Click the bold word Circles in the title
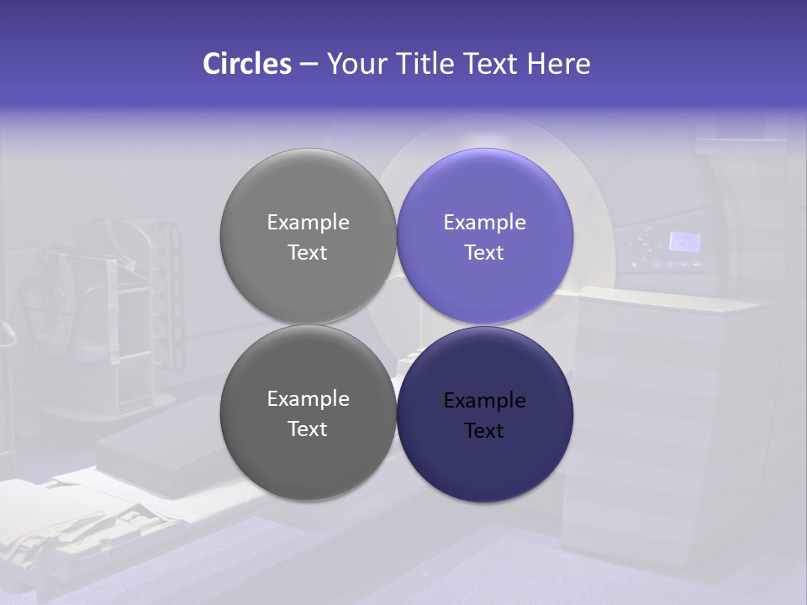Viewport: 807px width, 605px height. click(247, 64)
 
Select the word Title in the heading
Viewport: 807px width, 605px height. click(428, 64)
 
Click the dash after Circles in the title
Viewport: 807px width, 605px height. click(309, 65)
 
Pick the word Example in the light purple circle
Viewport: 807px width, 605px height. click(484, 223)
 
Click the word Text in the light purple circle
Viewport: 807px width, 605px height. click(484, 252)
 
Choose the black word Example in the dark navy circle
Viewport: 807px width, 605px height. click(484, 401)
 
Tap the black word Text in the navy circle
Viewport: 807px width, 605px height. click(484, 430)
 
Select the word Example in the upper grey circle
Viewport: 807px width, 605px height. click(308, 223)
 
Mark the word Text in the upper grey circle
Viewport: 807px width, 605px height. click(308, 252)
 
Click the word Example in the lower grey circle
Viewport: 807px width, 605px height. click(308, 399)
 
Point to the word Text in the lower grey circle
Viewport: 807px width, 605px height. click(308, 429)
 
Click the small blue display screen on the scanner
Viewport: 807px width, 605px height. click(684, 242)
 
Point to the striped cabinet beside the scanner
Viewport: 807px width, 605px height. click(647, 420)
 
